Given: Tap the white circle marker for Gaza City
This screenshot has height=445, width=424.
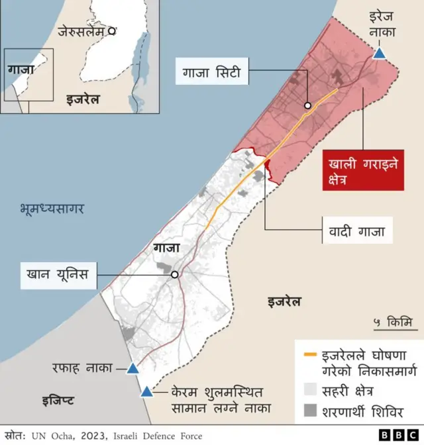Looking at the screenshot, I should (x=308, y=106).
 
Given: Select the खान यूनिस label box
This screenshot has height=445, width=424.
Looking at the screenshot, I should (x=59, y=273).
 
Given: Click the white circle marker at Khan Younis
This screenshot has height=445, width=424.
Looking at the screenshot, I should (x=175, y=274).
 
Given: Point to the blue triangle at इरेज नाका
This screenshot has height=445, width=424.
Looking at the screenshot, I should (x=379, y=53).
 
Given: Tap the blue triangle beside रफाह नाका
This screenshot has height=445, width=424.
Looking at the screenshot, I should (x=132, y=368).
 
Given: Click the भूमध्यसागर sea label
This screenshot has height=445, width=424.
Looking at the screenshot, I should (x=52, y=210).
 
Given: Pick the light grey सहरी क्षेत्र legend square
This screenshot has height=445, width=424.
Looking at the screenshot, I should (x=309, y=389).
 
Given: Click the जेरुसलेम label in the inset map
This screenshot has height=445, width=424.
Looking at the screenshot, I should (x=82, y=30).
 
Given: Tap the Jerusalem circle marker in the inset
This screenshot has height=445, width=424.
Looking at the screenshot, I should (x=113, y=30).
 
